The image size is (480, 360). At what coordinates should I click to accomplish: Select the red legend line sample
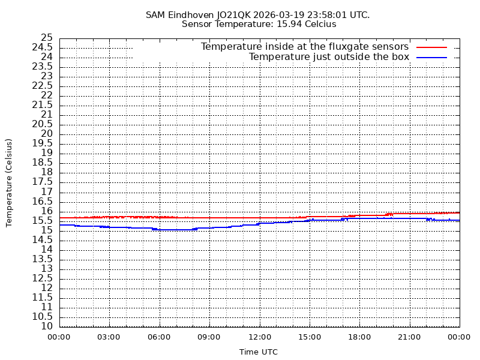pos(432,47)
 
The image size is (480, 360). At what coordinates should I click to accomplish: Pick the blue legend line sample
pos(432,57)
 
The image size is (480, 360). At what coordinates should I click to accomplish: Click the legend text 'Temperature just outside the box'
pos(329,57)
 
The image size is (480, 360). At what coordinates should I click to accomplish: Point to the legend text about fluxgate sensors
pos(305,47)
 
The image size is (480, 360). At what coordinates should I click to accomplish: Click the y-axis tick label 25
pos(47,38)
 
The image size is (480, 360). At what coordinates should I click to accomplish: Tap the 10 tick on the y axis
pos(47,326)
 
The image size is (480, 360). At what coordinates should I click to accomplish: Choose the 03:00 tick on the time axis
pos(109,337)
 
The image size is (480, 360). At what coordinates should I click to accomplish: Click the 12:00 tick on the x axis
pos(259,337)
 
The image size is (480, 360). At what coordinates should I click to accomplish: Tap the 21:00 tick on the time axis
pos(409,337)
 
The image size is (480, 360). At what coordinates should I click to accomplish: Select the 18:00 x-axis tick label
pos(359,337)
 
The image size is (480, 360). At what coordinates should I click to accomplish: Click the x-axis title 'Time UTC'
pos(259,352)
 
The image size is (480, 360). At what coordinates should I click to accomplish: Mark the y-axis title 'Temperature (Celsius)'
pos(9,182)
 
